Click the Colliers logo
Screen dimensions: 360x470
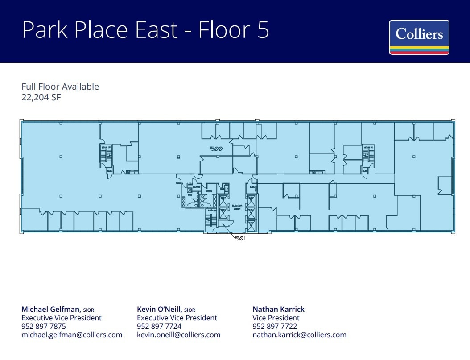pos(419,37)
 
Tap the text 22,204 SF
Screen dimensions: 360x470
pos(41,97)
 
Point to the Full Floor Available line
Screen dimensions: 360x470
pos(60,87)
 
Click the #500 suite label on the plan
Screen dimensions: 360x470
pos(216,149)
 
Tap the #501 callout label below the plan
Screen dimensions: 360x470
pos(240,238)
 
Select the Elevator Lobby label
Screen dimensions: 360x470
pos(237,207)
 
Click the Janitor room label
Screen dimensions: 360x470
pos(196,187)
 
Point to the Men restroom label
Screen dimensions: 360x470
pos(190,195)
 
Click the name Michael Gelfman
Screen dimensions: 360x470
pos(51,309)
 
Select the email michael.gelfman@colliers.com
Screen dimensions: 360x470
pos(72,335)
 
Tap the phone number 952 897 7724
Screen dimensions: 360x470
pos(159,326)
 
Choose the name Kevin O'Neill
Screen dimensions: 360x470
pos(160,309)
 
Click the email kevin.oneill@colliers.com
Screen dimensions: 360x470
pos(178,335)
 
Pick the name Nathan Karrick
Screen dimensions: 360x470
pos(278,309)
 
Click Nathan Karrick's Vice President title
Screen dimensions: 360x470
pos(276,318)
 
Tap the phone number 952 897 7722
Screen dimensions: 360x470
pos(274,326)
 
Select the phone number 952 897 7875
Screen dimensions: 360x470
pos(44,326)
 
